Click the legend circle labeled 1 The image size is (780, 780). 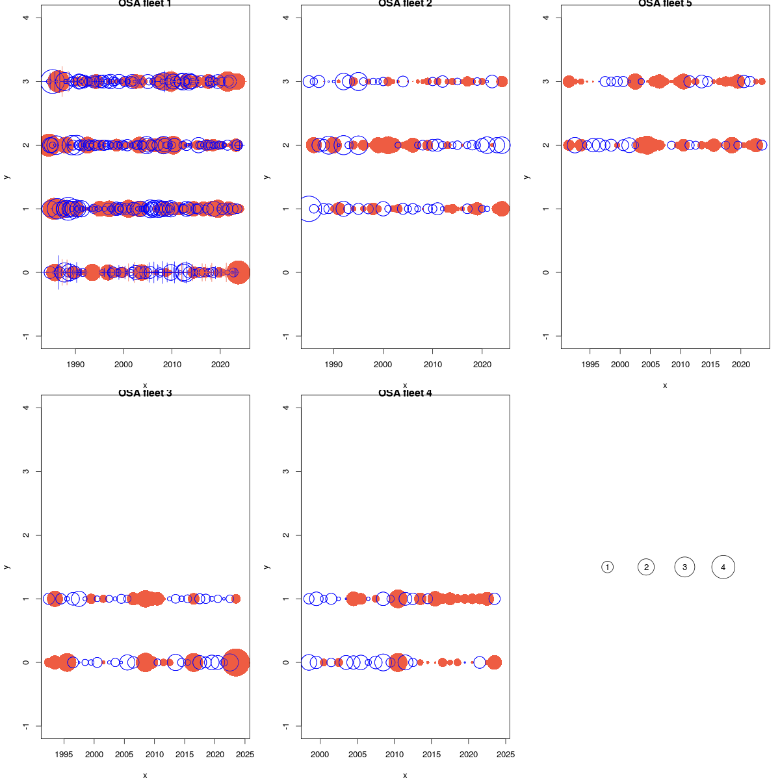pyautogui.click(x=607, y=567)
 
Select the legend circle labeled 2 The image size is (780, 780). pyautogui.click(x=646, y=567)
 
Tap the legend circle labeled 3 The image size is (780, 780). pyautogui.click(x=684, y=567)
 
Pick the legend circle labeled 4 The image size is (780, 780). pyautogui.click(x=723, y=567)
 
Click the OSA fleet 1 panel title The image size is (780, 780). pyautogui.click(x=145, y=4)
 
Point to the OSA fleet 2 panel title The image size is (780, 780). pyautogui.click(x=405, y=4)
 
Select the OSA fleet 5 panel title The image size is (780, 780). pyautogui.click(x=665, y=4)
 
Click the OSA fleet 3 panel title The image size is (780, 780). pyautogui.click(x=145, y=393)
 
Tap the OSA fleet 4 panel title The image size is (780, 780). pyautogui.click(x=405, y=393)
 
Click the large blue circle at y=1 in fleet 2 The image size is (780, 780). pyautogui.click(x=309, y=209)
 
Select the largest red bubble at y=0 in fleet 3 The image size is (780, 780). pyautogui.click(x=236, y=662)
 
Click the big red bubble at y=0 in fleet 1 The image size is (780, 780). pyautogui.click(x=239, y=272)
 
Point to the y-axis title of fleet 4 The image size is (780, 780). pyautogui.click(x=266, y=567)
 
